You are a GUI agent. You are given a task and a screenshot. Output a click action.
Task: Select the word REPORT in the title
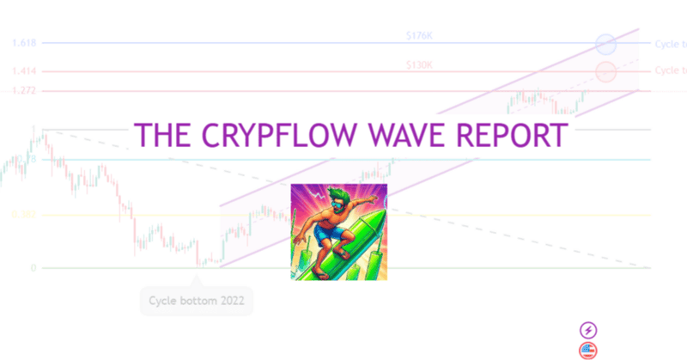pos(510,137)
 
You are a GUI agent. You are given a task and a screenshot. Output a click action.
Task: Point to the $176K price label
pos(420,36)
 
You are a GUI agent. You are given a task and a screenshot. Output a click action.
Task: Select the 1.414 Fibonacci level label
pos(23,72)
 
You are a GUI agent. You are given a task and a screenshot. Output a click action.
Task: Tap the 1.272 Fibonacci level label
pos(23,90)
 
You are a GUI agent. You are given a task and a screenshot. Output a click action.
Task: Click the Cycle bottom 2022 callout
pos(197,301)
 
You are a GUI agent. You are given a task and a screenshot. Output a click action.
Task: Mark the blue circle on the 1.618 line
pos(605,43)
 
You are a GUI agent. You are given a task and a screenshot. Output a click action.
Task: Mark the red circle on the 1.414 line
pos(605,71)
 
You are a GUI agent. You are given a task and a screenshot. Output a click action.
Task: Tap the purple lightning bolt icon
pos(588,329)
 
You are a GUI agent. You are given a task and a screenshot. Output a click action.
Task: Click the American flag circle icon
pos(588,349)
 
